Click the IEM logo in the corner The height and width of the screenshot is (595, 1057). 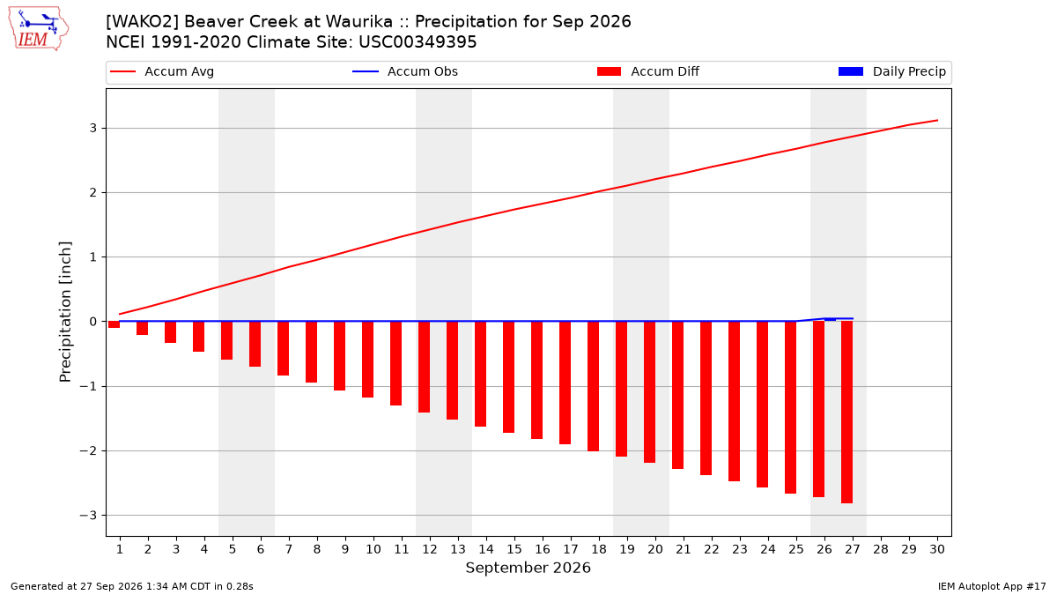(x=39, y=29)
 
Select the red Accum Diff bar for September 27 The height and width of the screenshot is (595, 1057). (x=847, y=413)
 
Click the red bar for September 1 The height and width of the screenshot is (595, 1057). (x=114, y=324)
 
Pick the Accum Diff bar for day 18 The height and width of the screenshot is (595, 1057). (x=593, y=386)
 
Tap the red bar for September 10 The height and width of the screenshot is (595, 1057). (x=367, y=360)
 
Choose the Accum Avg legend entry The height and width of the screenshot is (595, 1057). (x=162, y=71)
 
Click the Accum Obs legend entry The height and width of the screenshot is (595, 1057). (x=405, y=71)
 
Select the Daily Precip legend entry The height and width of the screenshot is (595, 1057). (x=892, y=71)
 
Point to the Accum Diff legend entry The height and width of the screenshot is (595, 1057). (x=648, y=71)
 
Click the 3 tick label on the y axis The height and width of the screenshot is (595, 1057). (x=93, y=128)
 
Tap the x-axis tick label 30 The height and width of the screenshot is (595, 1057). (x=937, y=549)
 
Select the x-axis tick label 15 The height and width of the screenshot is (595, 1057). (x=514, y=549)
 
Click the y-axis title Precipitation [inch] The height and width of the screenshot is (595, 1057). (x=65, y=312)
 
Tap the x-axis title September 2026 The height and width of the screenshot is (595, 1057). (x=528, y=568)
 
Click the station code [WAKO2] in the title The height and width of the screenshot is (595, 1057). (x=142, y=22)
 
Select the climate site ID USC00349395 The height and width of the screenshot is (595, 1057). (x=418, y=42)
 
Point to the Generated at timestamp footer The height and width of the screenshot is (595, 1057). (x=131, y=586)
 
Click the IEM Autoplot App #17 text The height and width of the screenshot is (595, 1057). (x=992, y=586)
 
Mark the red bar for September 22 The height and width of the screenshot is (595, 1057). (x=706, y=398)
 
